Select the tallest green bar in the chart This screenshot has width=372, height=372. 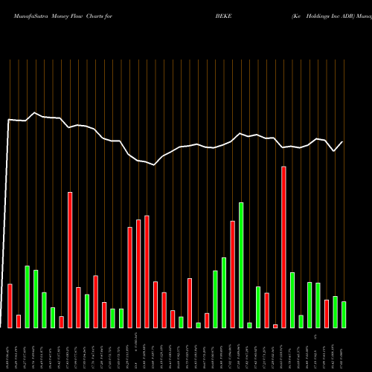coord(241,265)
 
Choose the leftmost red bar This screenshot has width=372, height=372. coord(10,306)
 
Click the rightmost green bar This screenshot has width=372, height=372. coord(344,315)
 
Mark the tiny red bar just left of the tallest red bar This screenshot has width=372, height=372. coord(275,326)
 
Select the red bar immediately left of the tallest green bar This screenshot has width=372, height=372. coord(233,275)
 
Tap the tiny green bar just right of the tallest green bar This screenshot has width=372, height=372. coord(249,325)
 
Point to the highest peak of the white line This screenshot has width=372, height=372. coord(35,113)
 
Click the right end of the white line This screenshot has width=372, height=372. coord(343,142)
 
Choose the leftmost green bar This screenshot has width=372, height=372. coord(27,297)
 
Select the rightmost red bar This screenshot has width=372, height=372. coord(327,313)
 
